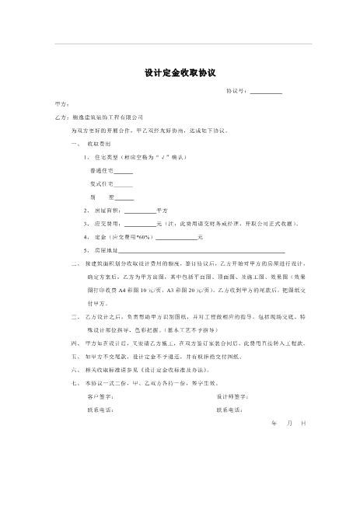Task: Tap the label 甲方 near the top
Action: coord(61,103)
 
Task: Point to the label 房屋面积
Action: coord(107,211)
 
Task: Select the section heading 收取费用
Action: coord(98,145)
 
